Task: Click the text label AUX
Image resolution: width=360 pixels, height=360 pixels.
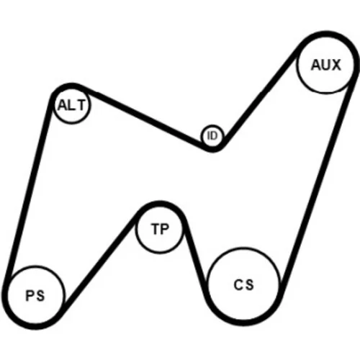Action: coord(325,65)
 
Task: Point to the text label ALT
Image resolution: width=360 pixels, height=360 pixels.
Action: coord(71,105)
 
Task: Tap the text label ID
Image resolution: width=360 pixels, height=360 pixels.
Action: coord(212,136)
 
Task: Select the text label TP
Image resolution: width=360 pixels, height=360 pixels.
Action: coord(160,229)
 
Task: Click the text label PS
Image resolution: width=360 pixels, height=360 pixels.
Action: coord(35,295)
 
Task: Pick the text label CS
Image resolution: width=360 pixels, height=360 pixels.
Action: coord(243,285)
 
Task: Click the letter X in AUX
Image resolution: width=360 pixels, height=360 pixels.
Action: coord(336,65)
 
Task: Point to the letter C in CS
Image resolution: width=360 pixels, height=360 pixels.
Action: coord(238,285)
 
